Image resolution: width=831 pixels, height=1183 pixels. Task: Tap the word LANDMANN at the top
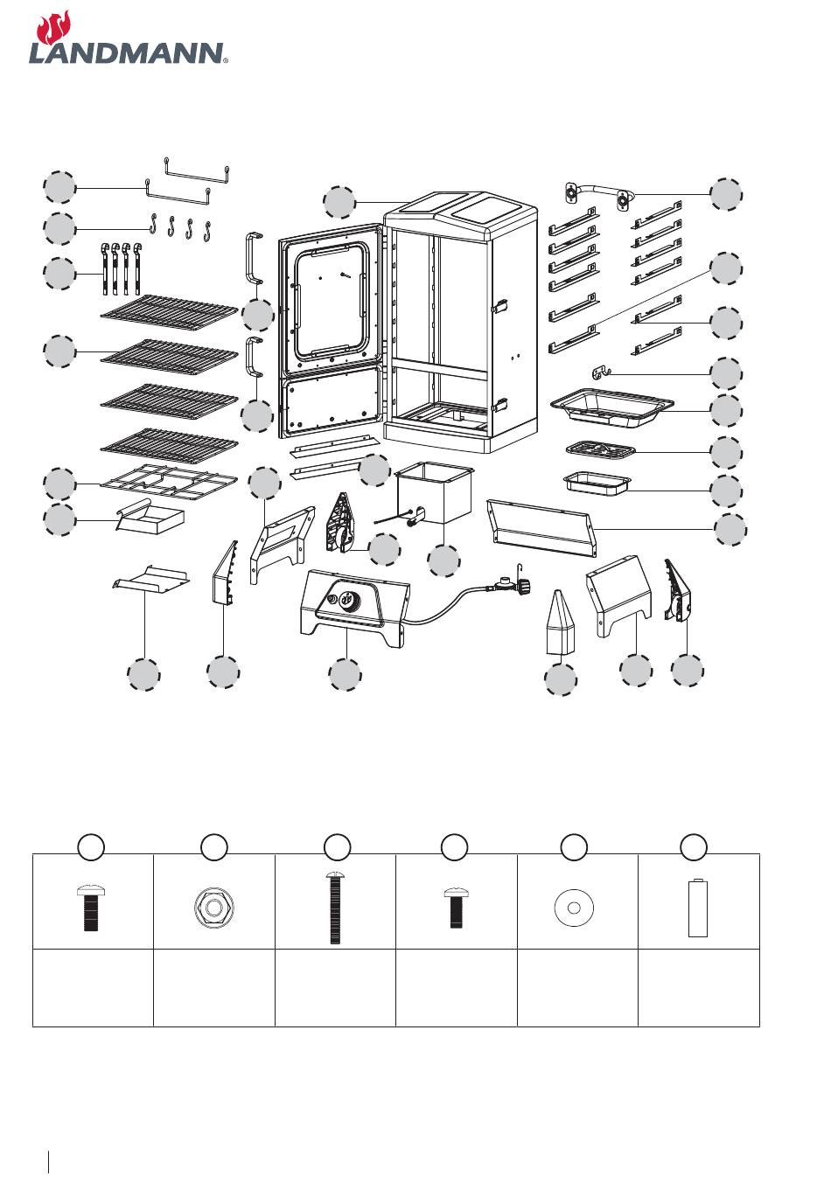tap(128, 54)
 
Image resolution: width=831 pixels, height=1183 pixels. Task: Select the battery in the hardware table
tap(697, 908)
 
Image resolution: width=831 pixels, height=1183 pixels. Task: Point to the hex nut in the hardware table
tap(214, 908)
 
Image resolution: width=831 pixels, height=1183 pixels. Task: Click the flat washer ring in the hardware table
tap(574, 908)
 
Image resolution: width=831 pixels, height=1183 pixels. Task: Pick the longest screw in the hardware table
tap(335, 907)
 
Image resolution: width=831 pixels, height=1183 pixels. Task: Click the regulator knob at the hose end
tap(523, 586)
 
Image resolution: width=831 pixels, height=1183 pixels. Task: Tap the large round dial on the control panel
tap(347, 599)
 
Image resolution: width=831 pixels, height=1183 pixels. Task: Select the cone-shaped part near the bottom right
tap(560, 623)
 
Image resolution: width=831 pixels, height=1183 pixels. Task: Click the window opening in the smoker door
tap(330, 299)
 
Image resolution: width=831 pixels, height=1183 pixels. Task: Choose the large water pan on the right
tap(611, 406)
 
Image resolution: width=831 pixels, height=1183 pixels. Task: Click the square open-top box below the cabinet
tap(434, 491)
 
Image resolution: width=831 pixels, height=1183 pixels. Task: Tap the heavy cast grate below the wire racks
tap(169, 481)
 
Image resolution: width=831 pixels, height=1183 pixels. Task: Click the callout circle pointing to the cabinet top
tap(339, 202)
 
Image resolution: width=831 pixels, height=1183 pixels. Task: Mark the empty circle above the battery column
tap(694, 847)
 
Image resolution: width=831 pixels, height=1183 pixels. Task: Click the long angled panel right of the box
tap(541, 528)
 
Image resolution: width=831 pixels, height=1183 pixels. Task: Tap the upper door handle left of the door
tap(254, 258)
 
